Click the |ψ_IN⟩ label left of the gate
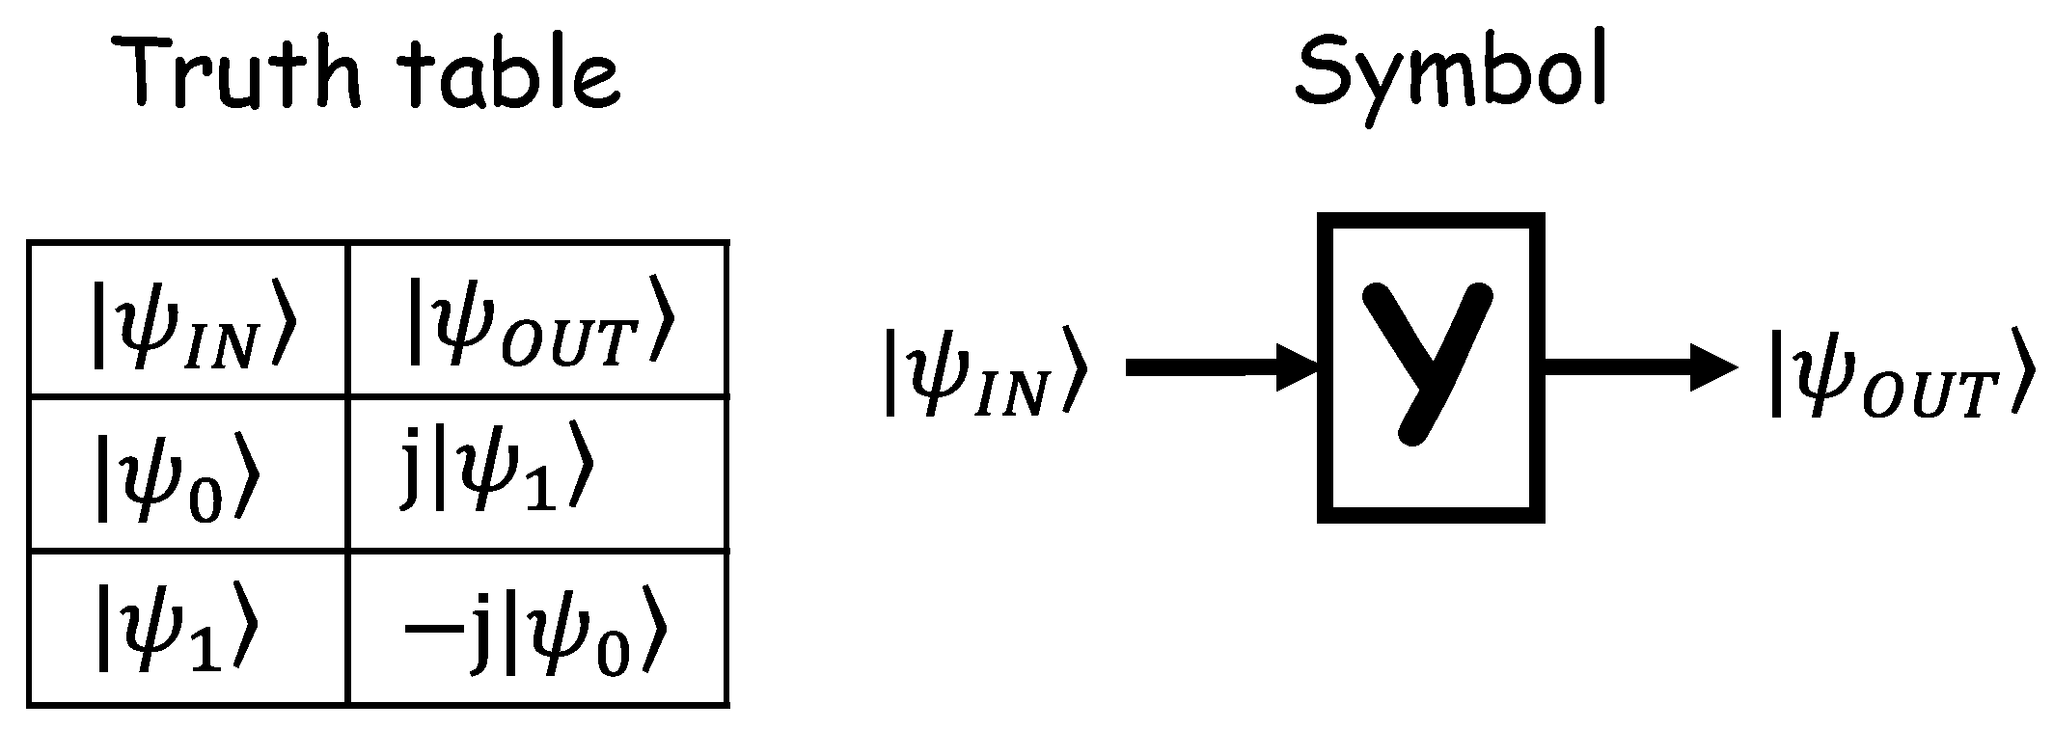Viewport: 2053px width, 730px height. click(986, 371)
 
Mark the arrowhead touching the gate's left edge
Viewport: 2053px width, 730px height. click(1298, 367)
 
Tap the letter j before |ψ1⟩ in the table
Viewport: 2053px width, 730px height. click(411, 468)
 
